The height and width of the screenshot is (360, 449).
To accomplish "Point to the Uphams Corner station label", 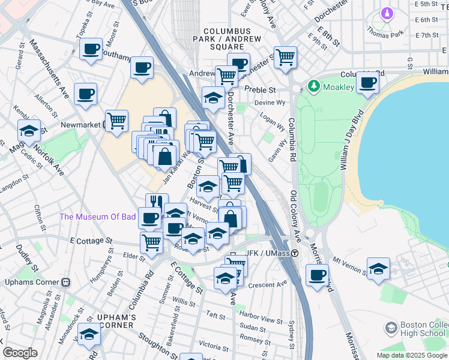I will coord(37,282).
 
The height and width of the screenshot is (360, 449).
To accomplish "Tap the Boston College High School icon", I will coord(391,328).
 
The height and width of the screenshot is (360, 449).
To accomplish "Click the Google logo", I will coord(19,353).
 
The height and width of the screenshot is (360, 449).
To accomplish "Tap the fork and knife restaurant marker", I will coord(157,202).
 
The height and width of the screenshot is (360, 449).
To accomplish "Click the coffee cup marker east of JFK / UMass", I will coord(318,275).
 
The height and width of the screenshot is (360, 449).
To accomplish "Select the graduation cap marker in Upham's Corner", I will coord(89,334).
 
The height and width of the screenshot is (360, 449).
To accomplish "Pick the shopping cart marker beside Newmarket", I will coord(116,120).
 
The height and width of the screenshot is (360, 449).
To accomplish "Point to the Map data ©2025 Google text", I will coord(411,355).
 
